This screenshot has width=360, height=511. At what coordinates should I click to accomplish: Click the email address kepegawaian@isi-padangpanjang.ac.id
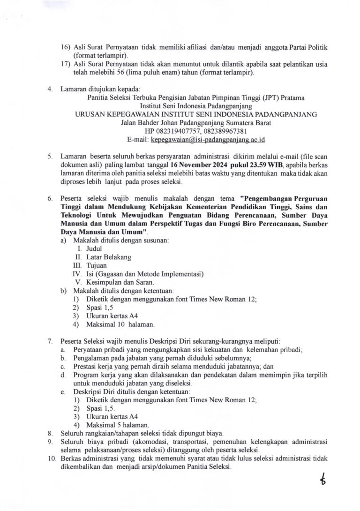[x=207, y=140]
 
